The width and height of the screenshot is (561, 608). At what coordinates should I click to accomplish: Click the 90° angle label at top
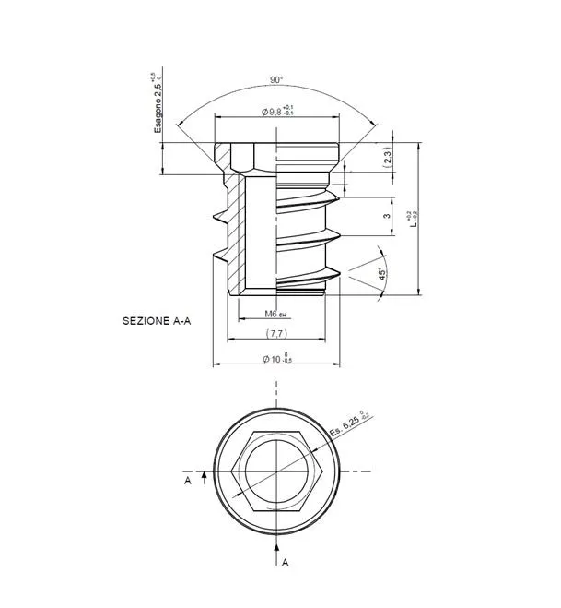pos(276,79)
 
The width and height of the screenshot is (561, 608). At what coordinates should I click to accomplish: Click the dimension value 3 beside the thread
pos(387,216)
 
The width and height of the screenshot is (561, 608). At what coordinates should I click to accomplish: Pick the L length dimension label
pos(415,221)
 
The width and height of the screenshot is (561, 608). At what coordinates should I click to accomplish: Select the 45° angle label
pos(381,273)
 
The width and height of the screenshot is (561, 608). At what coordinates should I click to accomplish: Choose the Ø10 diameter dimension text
pos(277,358)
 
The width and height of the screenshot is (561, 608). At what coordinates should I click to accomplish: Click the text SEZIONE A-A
pos(157,322)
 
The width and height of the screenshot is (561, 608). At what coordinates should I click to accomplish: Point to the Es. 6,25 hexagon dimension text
pos(349,423)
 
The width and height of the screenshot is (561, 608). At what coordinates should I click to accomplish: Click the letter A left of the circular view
pos(187,481)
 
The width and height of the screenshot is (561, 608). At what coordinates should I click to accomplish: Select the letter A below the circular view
pos(285,561)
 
